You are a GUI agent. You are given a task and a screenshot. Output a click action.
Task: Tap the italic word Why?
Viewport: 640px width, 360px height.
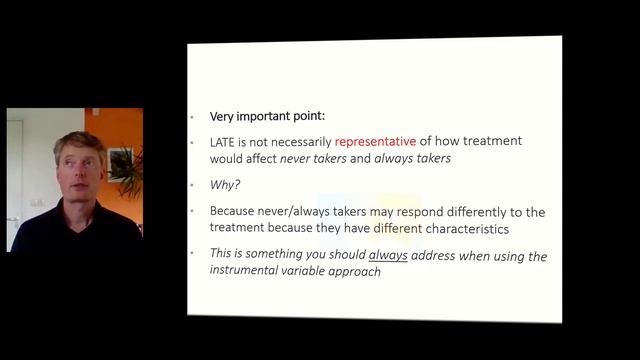(224, 185)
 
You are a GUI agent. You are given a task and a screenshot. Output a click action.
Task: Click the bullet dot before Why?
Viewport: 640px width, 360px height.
(194, 185)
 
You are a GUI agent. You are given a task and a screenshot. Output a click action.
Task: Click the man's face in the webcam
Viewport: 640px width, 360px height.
(80, 170)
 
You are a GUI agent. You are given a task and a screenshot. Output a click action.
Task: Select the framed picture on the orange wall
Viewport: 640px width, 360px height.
(121, 163)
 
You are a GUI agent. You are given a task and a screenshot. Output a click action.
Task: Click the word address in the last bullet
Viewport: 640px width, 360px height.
(434, 256)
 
